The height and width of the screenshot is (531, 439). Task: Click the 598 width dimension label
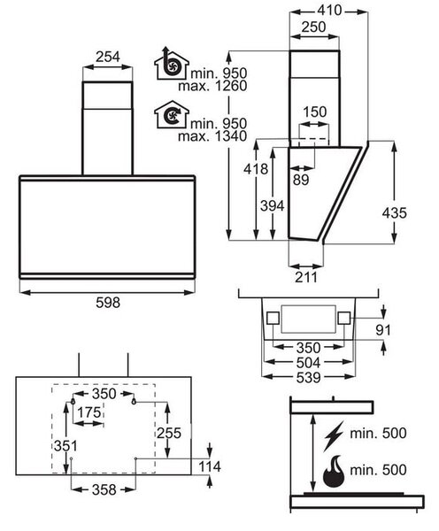(108, 303)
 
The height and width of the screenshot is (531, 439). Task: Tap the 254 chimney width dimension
(107, 57)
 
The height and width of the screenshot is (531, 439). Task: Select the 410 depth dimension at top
(329, 11)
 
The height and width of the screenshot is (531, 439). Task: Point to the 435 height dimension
(394, 213)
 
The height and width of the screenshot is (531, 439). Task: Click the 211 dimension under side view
(306, 277)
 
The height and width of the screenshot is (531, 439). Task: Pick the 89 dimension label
(301, 180)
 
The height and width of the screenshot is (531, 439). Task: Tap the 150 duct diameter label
(315, 112)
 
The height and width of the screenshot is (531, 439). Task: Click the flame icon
(334, 471)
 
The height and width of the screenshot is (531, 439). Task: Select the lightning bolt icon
(334, 436)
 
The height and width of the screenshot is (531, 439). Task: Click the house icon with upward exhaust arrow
(171, 64)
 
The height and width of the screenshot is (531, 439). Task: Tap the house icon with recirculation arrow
(171, 114)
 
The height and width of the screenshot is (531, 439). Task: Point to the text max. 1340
(212, 136)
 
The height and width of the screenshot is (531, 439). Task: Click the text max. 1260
(212, 86)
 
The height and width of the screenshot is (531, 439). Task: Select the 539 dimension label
(308, 377)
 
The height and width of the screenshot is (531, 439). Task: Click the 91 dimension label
(383, 330)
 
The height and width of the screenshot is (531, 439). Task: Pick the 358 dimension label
(104, 489)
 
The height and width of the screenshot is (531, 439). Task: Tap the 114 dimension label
(210, 466)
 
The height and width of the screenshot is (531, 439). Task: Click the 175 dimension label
(89, 412)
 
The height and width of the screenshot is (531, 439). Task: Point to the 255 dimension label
(169, 433)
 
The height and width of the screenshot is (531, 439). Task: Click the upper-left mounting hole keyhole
(73, 402)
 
